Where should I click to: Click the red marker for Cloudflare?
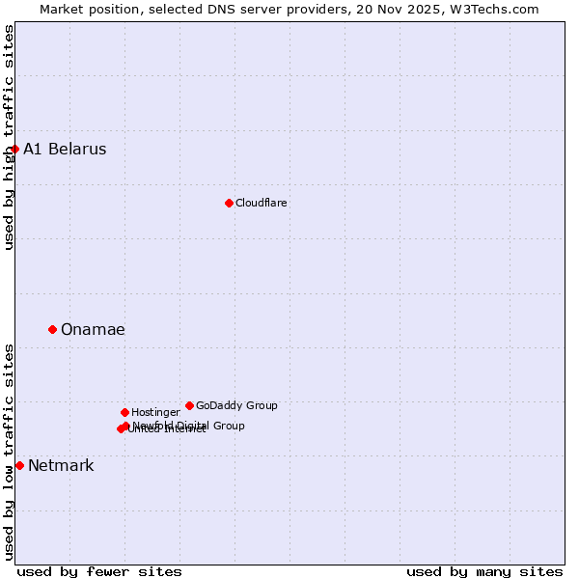point(229,203)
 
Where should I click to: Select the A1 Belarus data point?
point(14,149)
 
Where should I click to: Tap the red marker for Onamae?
point(52,329)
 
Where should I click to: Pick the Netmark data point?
point(19,465)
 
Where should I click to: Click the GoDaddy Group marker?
point(189,405)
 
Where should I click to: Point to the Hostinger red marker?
point(124,412)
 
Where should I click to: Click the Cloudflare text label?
point(262,203)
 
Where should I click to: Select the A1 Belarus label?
point(65,149)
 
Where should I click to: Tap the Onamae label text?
point(93,329)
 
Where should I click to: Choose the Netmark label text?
point(61,465)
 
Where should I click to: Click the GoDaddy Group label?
point(236,405)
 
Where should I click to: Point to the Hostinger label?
point(155,412)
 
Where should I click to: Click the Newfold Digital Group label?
point(189,425)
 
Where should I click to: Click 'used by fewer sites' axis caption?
point(99,571)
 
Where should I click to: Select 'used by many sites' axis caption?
point(484,571)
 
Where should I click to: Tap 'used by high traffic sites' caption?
point(9,137)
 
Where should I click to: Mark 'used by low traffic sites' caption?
point(9,452)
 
